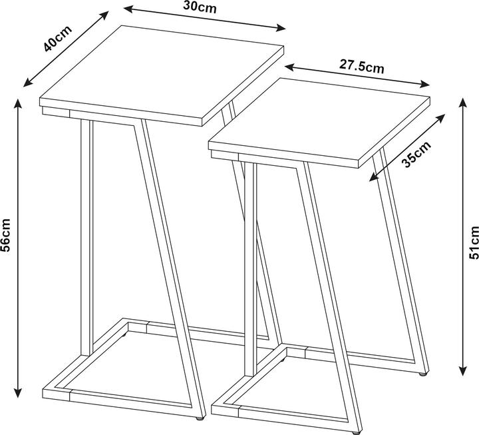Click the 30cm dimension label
(200, 7)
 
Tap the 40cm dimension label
(58, 39)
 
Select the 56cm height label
(6, 230)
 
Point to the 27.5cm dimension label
(362, 67)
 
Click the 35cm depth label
(417, 155)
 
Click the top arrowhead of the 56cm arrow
(19, 103)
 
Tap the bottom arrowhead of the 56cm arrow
(19, 392)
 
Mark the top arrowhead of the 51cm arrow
(464, 102)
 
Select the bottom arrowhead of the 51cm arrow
(464, 371)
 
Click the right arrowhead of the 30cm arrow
(281, 28)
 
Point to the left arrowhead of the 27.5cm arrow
(289, 67)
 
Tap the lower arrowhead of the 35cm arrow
(373, 178)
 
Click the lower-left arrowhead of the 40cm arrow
(28, 83)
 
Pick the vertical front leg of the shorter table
(251, 269)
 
